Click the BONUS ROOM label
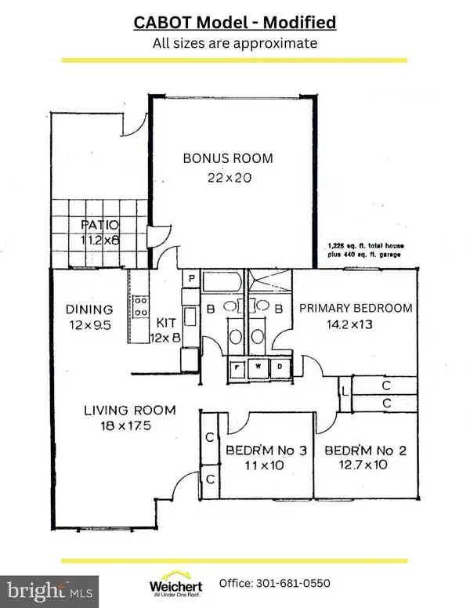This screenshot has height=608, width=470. (228, 158)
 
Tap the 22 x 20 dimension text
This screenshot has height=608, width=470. (228, 178)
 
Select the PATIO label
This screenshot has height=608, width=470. (99, 227)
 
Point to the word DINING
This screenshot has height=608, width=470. (90, 309)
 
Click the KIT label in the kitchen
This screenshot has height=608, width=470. (164, 322)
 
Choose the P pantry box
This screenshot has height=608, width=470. (190, 278)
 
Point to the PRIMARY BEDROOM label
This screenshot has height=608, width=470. (356, 308)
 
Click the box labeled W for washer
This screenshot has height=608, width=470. (259, 366)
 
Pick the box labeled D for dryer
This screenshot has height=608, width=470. (279, 366)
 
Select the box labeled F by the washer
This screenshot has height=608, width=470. (240, 366)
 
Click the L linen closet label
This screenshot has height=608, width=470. (345, 394)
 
